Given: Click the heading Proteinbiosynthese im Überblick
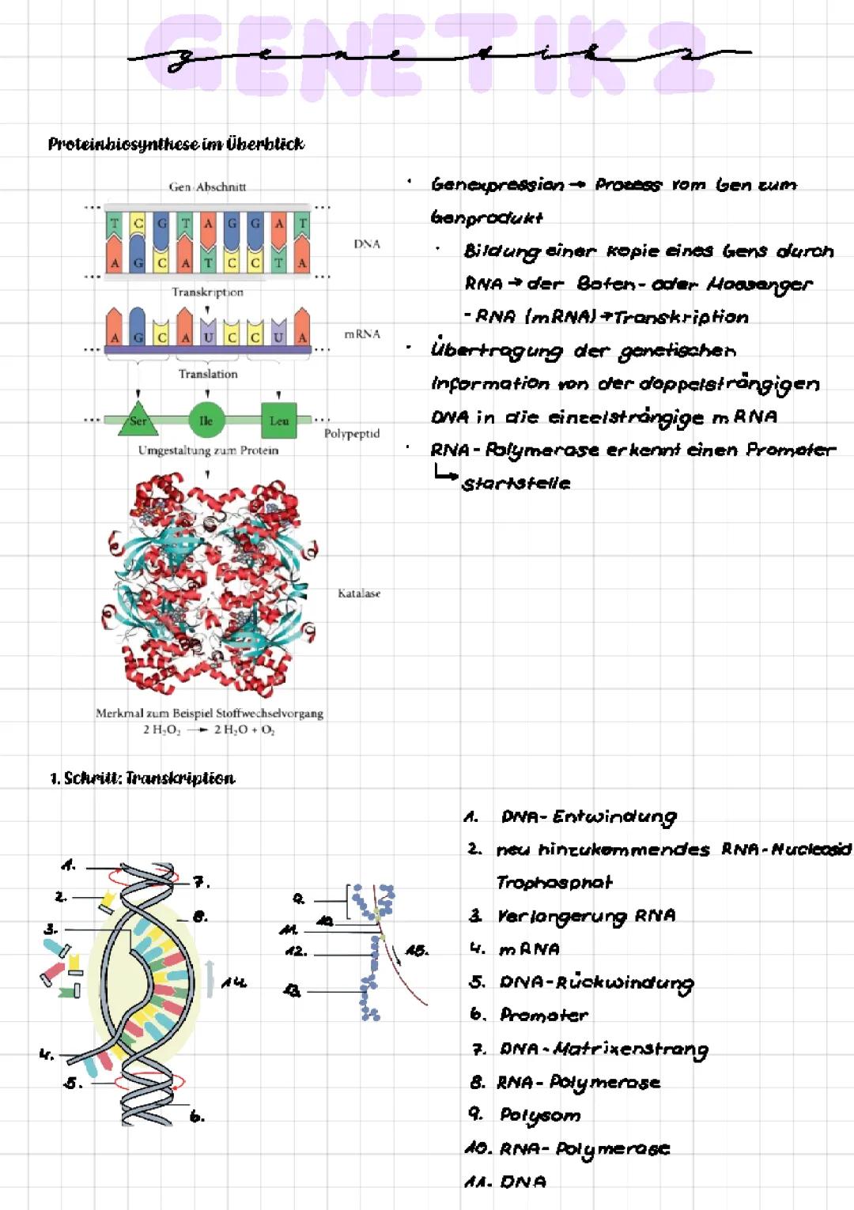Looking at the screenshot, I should [176, 144].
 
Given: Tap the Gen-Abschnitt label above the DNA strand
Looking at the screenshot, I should [207, 187].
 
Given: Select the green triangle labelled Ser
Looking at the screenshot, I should [138, 420].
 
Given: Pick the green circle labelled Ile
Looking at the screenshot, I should [206, 420].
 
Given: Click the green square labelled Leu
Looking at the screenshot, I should [278, 420].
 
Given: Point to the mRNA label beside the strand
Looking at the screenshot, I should [362, 334].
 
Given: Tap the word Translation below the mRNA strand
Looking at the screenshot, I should [208, 374].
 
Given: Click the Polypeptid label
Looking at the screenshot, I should [352, 434].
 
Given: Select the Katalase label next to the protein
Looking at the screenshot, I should [359, 593].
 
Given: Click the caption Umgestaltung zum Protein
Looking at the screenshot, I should [208, 450].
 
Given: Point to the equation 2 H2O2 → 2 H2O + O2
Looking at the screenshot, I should [209, 729].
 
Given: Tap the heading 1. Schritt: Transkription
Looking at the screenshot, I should [142, 778].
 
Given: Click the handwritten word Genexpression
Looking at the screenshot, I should [497, 185].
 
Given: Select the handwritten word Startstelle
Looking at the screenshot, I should [516, 484].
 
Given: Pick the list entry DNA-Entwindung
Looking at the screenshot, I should [588, 817].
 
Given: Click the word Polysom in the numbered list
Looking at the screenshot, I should [540, 1115].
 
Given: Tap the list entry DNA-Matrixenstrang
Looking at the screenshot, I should [603, 1050].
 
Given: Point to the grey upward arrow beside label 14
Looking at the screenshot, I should [210, 978].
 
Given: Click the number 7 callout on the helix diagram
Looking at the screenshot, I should [202, 882].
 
